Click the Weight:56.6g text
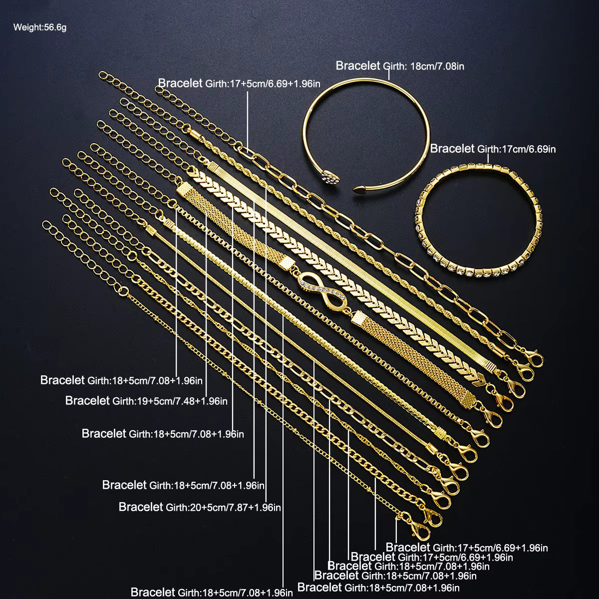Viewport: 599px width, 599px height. [x=40, y=27]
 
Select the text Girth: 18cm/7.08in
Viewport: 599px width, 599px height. [x=423, y=66]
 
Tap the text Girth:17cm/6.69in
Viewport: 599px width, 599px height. [x=517, y=149]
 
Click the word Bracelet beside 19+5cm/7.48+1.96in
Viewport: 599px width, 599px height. [x=87, y=400]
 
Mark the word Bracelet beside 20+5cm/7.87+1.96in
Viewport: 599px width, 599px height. [x=141, y=507]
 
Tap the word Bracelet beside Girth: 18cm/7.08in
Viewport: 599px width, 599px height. [x=358, y=65]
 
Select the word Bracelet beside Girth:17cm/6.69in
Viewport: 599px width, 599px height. [x=452, y=148]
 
